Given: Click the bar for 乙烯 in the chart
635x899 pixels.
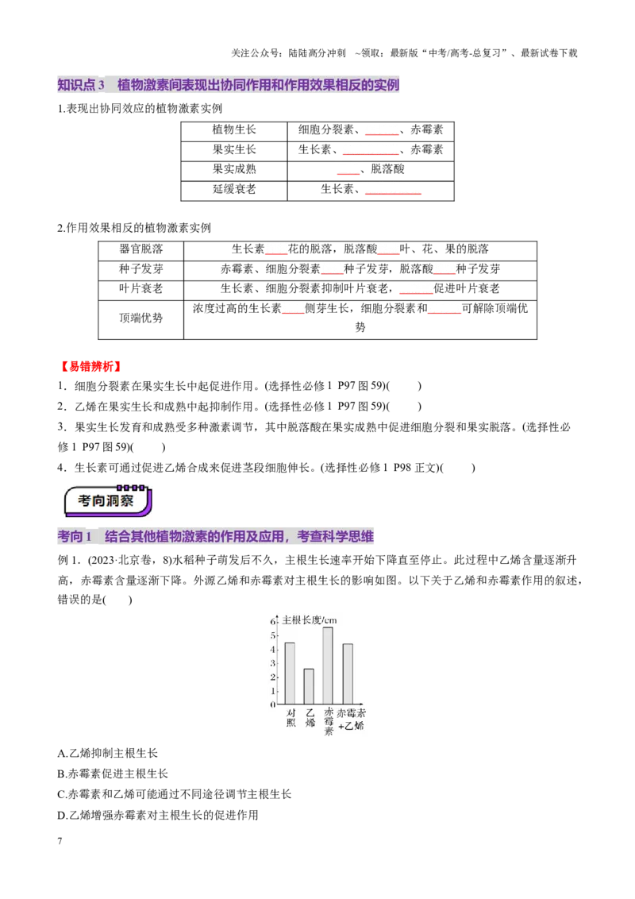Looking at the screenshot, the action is [x=309, y=686].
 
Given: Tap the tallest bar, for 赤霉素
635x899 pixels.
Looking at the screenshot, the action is [x=328, y=666].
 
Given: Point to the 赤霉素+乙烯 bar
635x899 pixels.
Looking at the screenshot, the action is [x=348, y=674].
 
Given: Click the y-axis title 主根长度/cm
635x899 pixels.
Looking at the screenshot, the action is [x=310, y=619].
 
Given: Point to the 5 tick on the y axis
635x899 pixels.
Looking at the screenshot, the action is [x=273, y=635].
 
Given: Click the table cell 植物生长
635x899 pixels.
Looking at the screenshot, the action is [x=234, y=130].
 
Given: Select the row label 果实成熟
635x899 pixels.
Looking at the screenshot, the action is [x=234, y=169].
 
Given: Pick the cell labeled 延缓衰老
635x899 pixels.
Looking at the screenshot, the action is [x=234, y=189].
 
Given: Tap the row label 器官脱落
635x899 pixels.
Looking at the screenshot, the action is [x=141, y=249].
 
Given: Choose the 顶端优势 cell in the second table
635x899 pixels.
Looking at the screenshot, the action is [x=141, y=318].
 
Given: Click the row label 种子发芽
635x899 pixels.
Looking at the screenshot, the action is [x=141, y=269].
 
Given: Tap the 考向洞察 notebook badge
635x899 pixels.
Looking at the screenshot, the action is [x=108, y=500].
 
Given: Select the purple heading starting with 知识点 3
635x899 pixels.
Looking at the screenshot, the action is [x=228, y=85].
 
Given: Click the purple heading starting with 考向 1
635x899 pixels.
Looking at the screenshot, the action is [x=215, y=537].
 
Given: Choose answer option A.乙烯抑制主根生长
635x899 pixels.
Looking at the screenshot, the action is [x=107, y=754].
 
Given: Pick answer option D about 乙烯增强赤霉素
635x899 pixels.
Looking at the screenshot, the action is [x=158, y=816].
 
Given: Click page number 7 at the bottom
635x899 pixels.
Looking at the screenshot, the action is [x=60, y=841].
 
